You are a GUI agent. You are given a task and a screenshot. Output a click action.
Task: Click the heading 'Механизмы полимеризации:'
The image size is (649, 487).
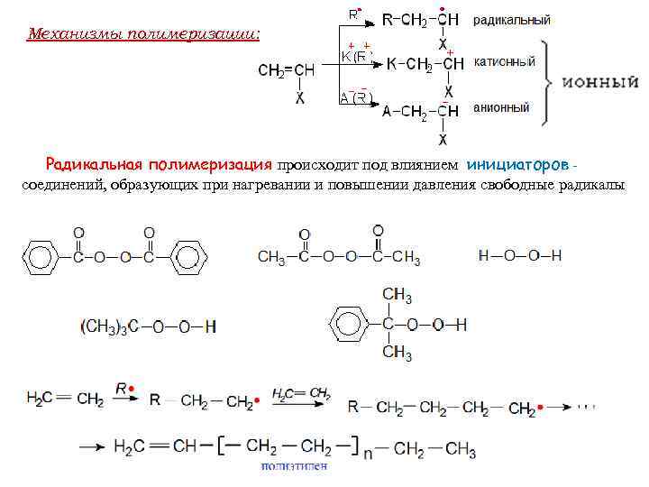[x=143, y=34]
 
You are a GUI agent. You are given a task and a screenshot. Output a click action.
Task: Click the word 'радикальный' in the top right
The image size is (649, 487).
[x=512, y=20]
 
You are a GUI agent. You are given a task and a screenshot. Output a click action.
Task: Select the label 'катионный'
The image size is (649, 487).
[x=504, y=62]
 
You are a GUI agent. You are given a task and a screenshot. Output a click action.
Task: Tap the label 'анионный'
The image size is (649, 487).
[x=501, y=108]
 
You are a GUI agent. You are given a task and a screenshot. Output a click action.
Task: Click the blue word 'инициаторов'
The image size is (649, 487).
[x=517, y=166]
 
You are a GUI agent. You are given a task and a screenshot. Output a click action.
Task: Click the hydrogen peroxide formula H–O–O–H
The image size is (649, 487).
[x=520, y=255]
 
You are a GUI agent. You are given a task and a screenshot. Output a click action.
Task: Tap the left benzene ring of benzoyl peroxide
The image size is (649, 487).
[x=40, y=258]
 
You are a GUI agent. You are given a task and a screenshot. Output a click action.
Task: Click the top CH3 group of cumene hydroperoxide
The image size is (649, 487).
[x=397, y=296]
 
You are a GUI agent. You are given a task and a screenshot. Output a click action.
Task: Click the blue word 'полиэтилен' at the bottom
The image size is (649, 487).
[x=293, y=466]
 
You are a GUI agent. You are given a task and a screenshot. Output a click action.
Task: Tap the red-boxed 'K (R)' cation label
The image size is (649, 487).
[x=356, y=56]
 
